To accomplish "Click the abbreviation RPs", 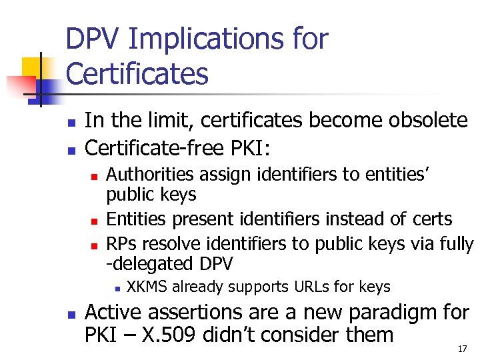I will pos(121,242).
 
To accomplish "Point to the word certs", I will pos(429,219).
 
